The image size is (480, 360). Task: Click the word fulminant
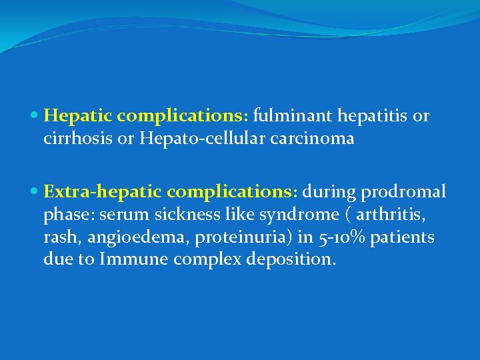293,116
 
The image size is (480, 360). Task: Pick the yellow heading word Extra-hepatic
103,193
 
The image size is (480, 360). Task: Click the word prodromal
405,193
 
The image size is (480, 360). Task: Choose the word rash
59,237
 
